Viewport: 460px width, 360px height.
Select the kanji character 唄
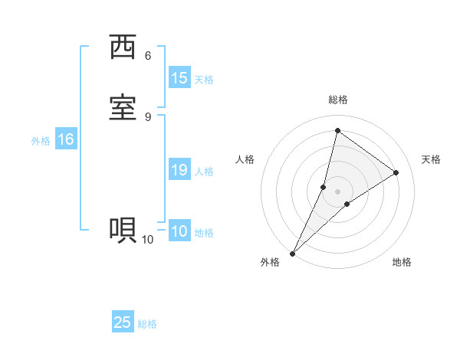pyautogui.click(x=123, y=231)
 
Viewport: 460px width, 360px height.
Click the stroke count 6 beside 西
pyautogui.click(x=148, y=56)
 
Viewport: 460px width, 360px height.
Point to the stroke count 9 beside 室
pyautogui.click(x=148, y=116)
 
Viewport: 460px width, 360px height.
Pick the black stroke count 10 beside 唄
pyautogui.click(x=147, y=240)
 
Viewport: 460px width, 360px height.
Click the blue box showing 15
pyautogui.click(x=179, y=77)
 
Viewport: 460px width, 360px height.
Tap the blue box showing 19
pyautogui.click(x=179, y=170)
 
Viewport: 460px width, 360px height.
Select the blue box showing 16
pyautogui.click(x=66, y=139)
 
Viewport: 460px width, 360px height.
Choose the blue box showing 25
pyautogui.click(x=123, y=322)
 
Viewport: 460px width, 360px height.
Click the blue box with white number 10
pyautogui.click(x=179, y=231)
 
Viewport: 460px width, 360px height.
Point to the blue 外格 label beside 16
pyautogui.click(x=41, y=141)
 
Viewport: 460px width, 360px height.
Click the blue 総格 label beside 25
pyautogui.click(x=147, y=324)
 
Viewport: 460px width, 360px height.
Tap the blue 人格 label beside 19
pyautogui.click(x=204, y=172)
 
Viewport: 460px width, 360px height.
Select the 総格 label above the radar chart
pyautogui.click(x=338, y=100)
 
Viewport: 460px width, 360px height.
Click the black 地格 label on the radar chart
pyautogui.click(x=402, y=262)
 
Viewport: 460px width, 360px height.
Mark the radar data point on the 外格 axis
pyautogui.click(x=293, y=253)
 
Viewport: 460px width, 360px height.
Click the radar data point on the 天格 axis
pyautogui.click(x=396, y=173)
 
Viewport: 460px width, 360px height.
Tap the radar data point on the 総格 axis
pyautogui.click(x=338, y=131)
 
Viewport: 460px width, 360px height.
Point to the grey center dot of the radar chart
pyautogui.click(x=338, y=191)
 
